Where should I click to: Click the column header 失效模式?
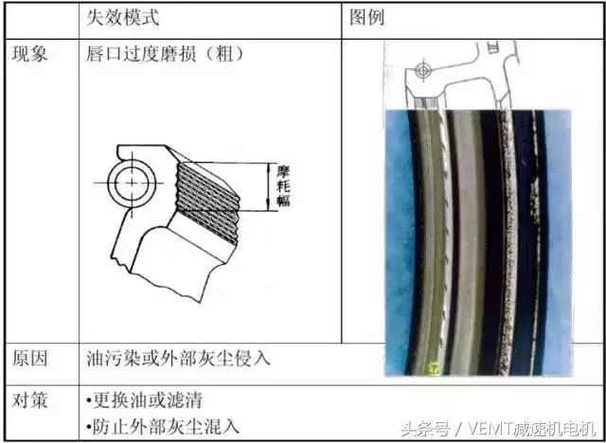point(122,17)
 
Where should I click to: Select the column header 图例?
point(366,17)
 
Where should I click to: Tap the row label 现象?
point(29,54)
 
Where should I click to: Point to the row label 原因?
point(29,359)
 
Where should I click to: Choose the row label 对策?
point(29,400)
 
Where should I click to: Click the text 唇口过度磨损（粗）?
point(165,54)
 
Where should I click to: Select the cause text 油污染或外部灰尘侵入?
point(178,359)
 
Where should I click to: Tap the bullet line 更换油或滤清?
point(144,400)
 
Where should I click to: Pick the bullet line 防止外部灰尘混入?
point(163,427)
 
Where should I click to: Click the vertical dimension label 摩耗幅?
point(284,186)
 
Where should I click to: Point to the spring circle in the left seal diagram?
point(132,183)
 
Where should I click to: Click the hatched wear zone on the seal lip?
point(206,203)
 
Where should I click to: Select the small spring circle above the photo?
point(423,71)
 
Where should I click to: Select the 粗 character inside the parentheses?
point(225,54)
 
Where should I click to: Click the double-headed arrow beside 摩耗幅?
point(269,186)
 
